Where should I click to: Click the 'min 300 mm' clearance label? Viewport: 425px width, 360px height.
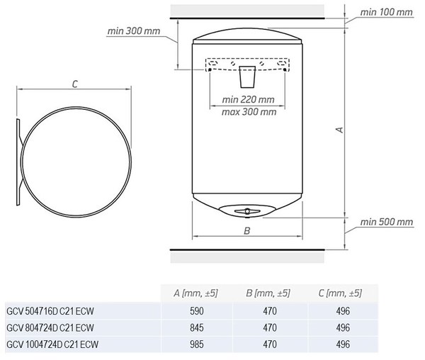[x=134, y=31]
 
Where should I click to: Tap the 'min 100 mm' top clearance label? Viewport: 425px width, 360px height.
[x=386, y=12]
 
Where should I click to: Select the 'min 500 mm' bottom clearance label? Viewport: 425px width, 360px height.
[x=387, y=222]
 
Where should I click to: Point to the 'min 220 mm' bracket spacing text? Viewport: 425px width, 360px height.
[x=249, y=99]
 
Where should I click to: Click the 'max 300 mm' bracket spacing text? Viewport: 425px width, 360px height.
[x=249, y=112]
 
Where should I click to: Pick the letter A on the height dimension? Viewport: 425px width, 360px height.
[x=339, y=130]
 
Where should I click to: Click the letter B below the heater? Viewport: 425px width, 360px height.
[x=247, y=231]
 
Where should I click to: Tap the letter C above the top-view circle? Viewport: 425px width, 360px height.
[x=75, y=84]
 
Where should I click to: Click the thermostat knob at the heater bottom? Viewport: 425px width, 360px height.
[x=247, y=211]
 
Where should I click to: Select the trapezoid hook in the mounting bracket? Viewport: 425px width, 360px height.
[x=247, y=77]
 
